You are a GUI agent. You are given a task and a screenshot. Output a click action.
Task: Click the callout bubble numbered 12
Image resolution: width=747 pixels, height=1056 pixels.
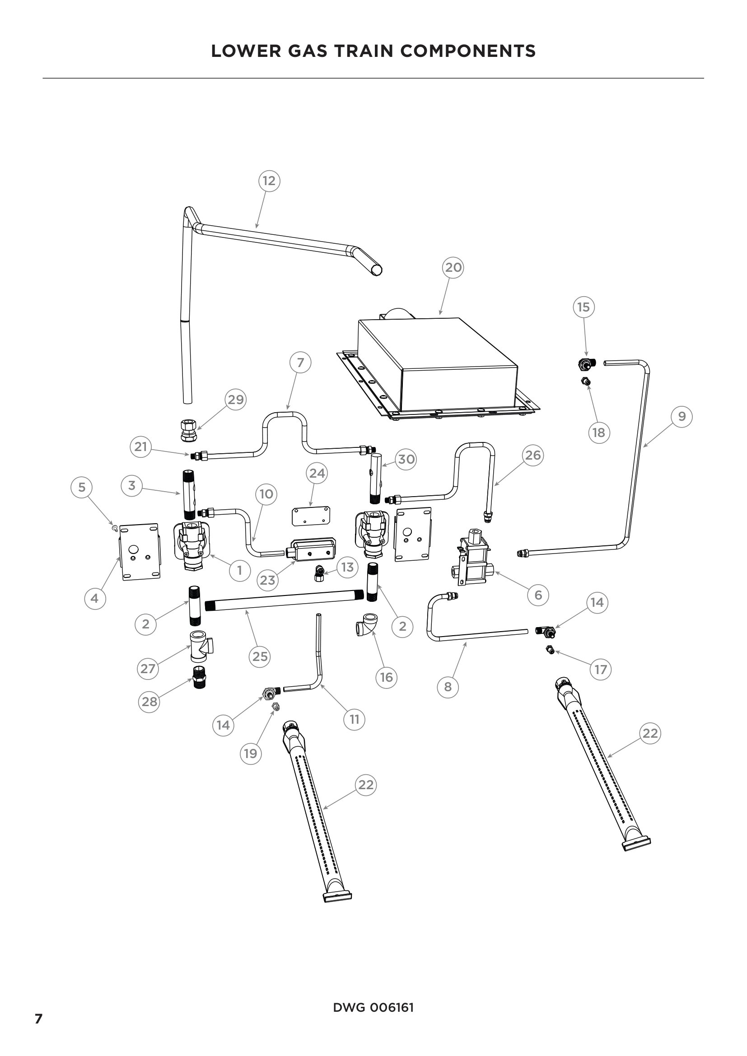coord(269,181)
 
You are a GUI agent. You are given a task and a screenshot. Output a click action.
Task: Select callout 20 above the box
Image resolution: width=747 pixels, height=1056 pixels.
coord(453,267)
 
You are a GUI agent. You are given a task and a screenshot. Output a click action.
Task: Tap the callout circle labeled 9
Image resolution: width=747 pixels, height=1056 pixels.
coord(682,416)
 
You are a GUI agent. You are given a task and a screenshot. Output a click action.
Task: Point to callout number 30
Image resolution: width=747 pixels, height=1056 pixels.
coord(406,459)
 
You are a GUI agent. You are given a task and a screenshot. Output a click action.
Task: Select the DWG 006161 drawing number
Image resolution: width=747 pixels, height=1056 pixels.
coord(373,1007)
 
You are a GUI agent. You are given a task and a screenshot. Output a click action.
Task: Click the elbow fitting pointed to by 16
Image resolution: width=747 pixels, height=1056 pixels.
coord(368,623)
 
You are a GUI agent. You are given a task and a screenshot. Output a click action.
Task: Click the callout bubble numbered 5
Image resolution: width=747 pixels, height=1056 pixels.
coord(82,487)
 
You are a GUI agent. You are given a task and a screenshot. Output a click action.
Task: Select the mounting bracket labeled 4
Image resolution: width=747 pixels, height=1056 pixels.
coord(140,551)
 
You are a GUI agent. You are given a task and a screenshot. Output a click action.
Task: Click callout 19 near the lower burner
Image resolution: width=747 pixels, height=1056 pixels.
coord(250,754)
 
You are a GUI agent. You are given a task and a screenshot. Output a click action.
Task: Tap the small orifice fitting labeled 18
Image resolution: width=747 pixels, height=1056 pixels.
coord(586,381)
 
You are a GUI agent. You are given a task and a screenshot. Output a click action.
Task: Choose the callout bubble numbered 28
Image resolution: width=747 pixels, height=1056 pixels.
coord(149,702)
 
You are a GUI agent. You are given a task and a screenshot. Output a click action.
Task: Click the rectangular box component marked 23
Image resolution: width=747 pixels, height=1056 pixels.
coord(311,549)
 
